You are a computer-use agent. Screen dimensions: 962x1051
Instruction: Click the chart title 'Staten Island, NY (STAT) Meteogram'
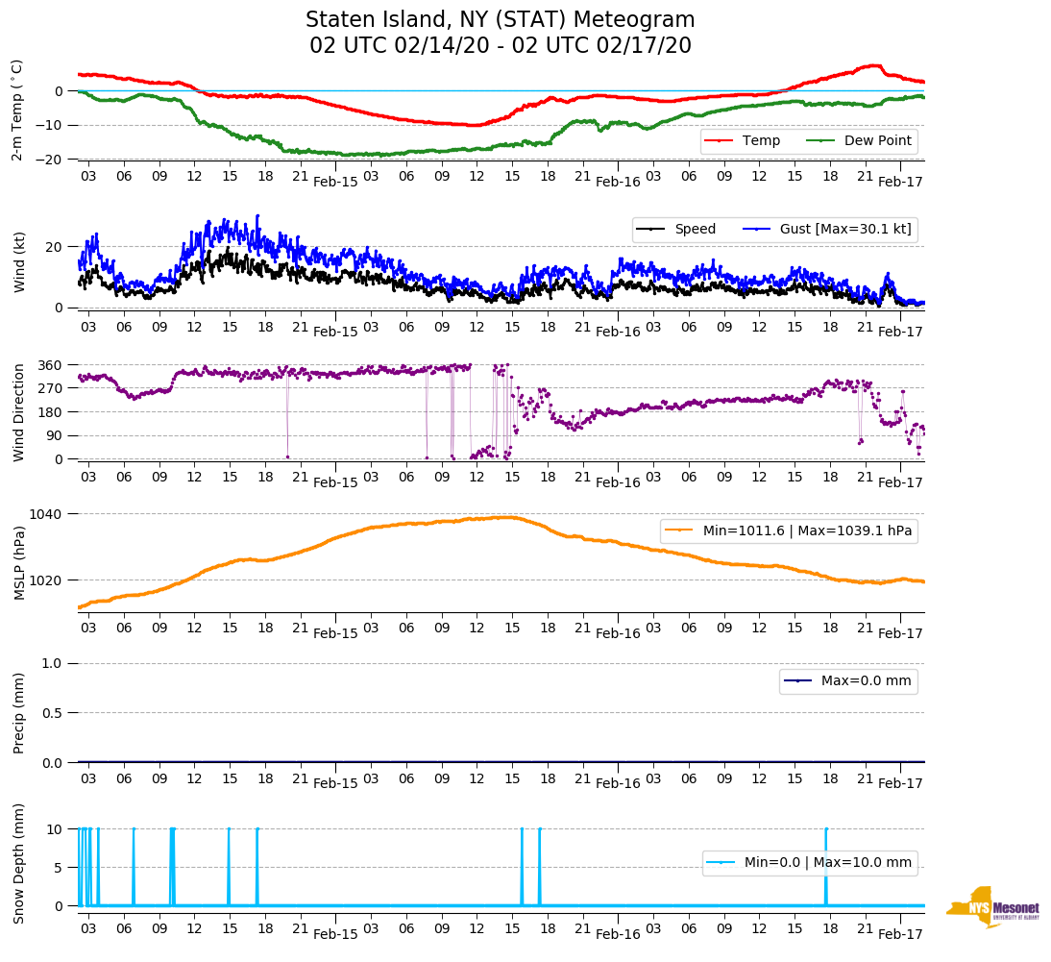[500, 20]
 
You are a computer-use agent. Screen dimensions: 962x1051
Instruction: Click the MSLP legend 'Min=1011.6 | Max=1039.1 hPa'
[788, 531]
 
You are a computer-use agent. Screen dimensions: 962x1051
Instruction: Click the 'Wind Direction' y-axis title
[19, 412]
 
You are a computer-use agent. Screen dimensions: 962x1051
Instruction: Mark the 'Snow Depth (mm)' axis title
[19, 863]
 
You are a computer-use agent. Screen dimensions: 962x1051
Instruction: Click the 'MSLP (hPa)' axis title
[19, 562]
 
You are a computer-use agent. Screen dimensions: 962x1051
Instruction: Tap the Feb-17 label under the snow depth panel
[900, 934]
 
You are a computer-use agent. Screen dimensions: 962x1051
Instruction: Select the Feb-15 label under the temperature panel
[335, 181]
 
